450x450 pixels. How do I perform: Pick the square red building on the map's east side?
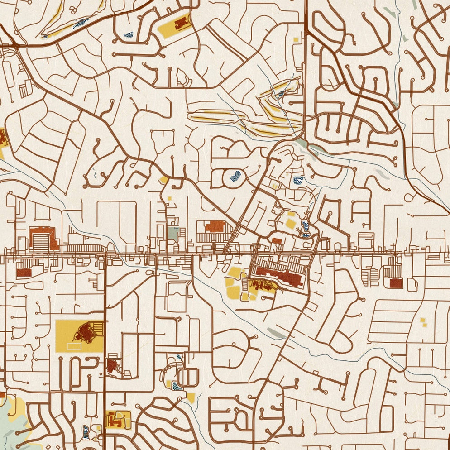click(396, 283)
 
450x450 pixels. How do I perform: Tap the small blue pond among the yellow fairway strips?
click(281, 94)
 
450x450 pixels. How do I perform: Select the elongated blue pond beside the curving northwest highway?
click(81, 22)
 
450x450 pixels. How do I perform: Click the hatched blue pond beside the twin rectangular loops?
click(177, 386)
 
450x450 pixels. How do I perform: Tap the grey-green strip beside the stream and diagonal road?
click(276, 334)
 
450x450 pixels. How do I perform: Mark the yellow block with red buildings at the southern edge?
click(118, 419)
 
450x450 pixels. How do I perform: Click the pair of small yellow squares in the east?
click(423, 322)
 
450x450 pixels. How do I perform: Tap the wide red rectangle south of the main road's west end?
click(24, 272)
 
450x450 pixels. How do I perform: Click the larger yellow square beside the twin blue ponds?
click(291, 223)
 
